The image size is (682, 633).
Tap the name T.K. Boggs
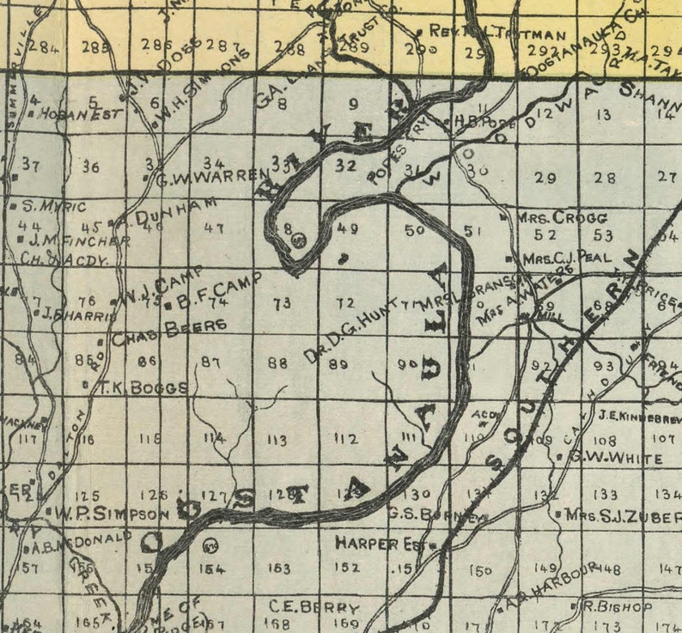143,387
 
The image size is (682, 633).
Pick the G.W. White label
614,456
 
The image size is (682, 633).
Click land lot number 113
277,441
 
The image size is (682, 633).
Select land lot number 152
346,567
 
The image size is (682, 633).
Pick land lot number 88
277,363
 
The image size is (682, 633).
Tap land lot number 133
606,495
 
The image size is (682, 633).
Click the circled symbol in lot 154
210,543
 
